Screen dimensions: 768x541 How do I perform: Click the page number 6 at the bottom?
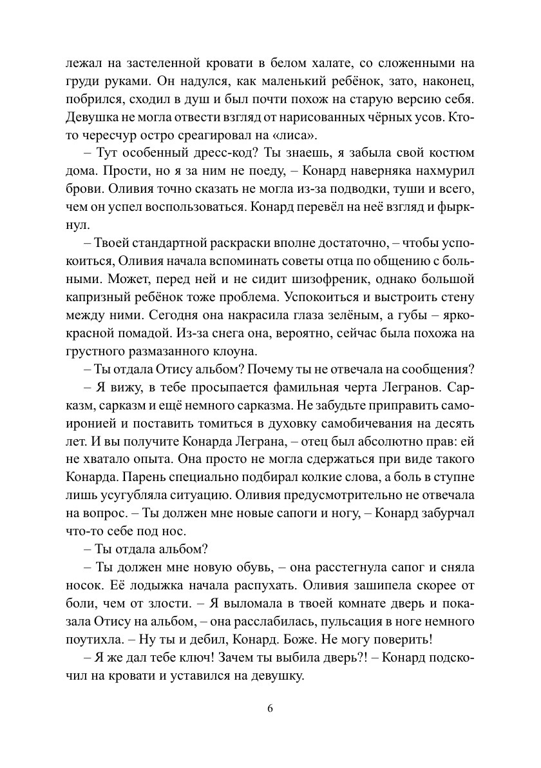point(270,707)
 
